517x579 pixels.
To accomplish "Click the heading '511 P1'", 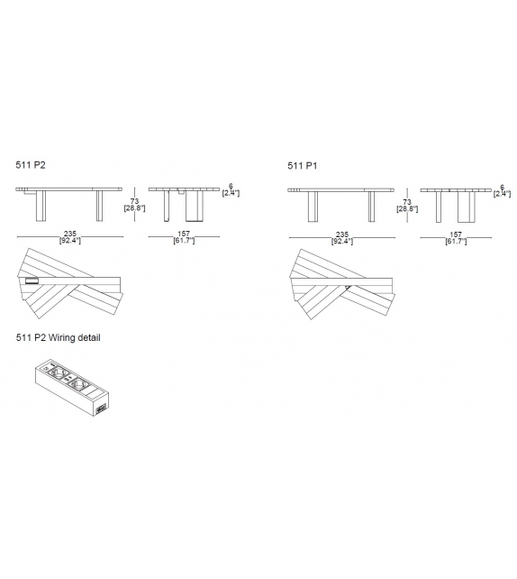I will point(302,166).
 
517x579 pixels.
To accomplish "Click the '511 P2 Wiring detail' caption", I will point(58,338).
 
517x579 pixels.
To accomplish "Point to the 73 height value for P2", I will point(134,200).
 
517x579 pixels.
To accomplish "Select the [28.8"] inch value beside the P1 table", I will point(408,208).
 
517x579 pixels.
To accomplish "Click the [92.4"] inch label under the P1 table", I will point(341,241).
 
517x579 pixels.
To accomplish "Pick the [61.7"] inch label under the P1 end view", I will point(455,241).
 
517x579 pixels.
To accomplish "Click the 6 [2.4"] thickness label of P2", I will point(230,190).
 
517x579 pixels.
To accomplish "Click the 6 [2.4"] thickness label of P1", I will point(502,190).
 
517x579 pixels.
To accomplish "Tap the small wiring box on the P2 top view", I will point(33,281).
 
